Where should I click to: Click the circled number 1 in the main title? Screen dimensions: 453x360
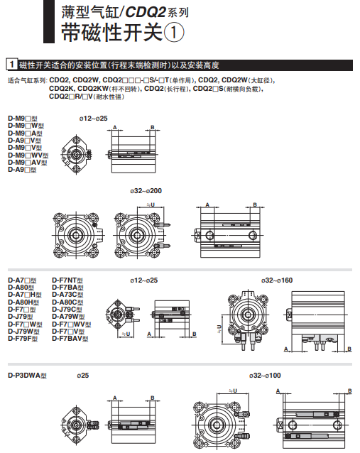(174, 32)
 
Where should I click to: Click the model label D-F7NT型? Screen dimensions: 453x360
(67, 280)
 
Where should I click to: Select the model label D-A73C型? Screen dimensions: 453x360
(69, 295)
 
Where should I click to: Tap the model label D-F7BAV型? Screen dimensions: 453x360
(71, 339)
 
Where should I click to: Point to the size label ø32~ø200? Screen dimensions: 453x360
(146, 190)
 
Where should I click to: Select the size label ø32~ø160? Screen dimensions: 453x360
(278, 280)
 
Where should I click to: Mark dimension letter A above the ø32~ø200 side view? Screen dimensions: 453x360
(207, 204)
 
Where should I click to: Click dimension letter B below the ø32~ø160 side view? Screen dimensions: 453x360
(350, 349)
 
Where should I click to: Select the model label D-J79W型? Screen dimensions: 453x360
(24, 331)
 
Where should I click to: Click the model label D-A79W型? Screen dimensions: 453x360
(69, 317)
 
